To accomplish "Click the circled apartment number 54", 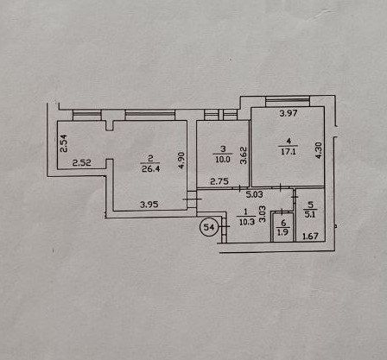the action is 209,227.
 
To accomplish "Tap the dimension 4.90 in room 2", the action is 181,161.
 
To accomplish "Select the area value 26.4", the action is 150,168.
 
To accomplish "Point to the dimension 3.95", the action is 149,205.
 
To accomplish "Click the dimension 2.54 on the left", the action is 63,143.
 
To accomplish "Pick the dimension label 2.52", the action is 81,163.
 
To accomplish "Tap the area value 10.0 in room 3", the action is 223,160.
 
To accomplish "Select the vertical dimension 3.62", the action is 244,155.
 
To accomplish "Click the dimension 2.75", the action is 219,181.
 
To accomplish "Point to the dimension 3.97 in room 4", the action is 289,113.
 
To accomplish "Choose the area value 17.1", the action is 289,152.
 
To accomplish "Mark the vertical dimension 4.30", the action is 319,150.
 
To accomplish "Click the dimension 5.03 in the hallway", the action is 254,194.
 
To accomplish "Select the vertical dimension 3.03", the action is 263,213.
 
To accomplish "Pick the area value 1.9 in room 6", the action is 282,232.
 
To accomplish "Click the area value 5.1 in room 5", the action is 310,214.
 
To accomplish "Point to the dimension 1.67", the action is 310,237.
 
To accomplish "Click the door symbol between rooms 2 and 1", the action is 192,199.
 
